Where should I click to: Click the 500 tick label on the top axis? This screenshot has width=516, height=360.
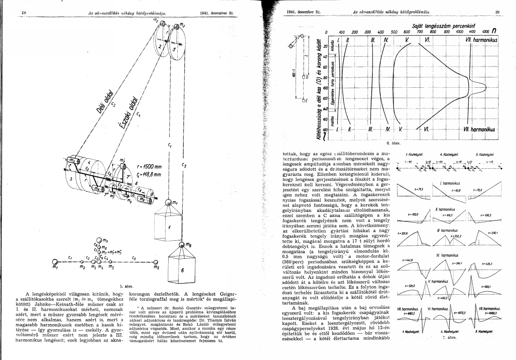coord(394,32)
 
